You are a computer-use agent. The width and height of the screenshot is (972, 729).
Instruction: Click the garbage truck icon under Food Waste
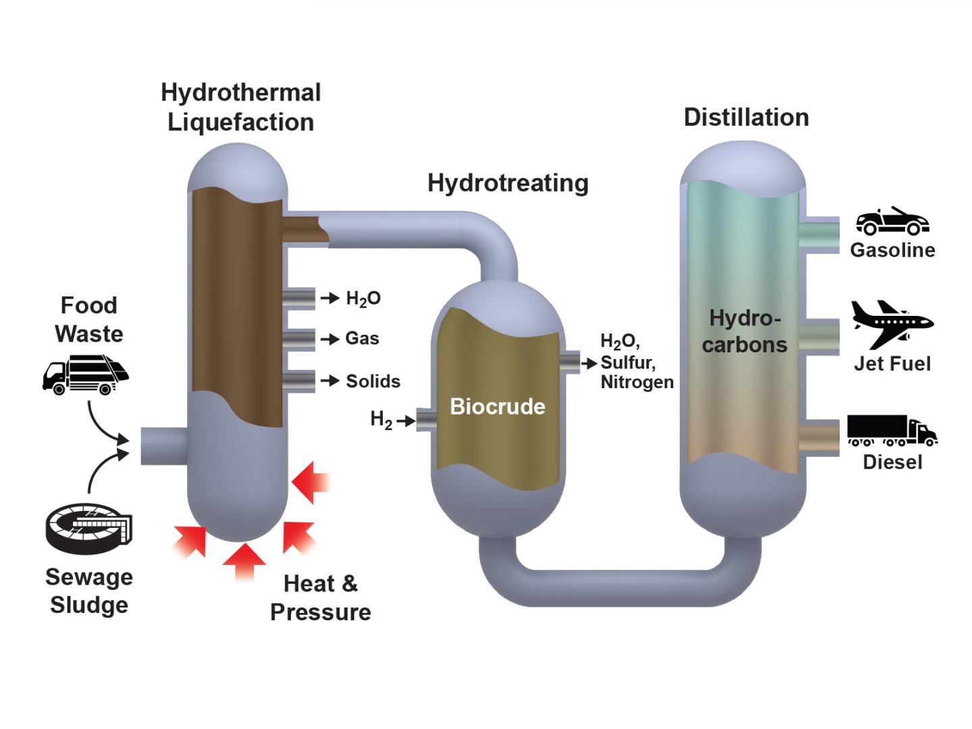pos(85,375)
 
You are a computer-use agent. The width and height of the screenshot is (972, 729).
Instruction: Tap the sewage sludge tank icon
pos(88,526)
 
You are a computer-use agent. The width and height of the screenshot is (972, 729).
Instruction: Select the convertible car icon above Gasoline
pos(892,221)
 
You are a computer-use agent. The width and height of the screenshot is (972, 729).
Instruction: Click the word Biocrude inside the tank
pos(497,406)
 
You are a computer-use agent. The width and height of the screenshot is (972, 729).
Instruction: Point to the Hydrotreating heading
pos(508,183)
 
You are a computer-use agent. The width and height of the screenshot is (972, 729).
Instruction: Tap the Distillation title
pos(746,117)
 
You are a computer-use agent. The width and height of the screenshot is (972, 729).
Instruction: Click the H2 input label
pos(381,419)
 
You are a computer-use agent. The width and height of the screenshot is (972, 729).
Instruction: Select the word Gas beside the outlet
pos(362,338)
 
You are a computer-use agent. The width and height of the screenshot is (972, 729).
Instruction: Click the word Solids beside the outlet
pos(373,381)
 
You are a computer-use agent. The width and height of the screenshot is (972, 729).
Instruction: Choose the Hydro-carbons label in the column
pos(745,331)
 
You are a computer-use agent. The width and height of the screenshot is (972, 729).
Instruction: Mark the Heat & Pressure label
pos(321,598)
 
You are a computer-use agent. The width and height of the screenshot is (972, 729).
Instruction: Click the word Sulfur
pos(627,362)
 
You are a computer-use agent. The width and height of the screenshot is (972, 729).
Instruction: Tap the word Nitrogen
pos(637,382)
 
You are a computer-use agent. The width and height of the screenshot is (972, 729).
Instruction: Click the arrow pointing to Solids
pos(330,381)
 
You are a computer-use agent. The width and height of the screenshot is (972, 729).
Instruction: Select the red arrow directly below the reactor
pos(244,560)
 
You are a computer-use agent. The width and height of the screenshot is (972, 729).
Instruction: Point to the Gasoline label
pos(892,250)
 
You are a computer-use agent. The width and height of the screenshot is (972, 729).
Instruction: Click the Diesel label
pos(892,462)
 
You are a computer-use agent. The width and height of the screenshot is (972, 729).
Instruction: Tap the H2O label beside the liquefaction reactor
pos(363,298)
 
